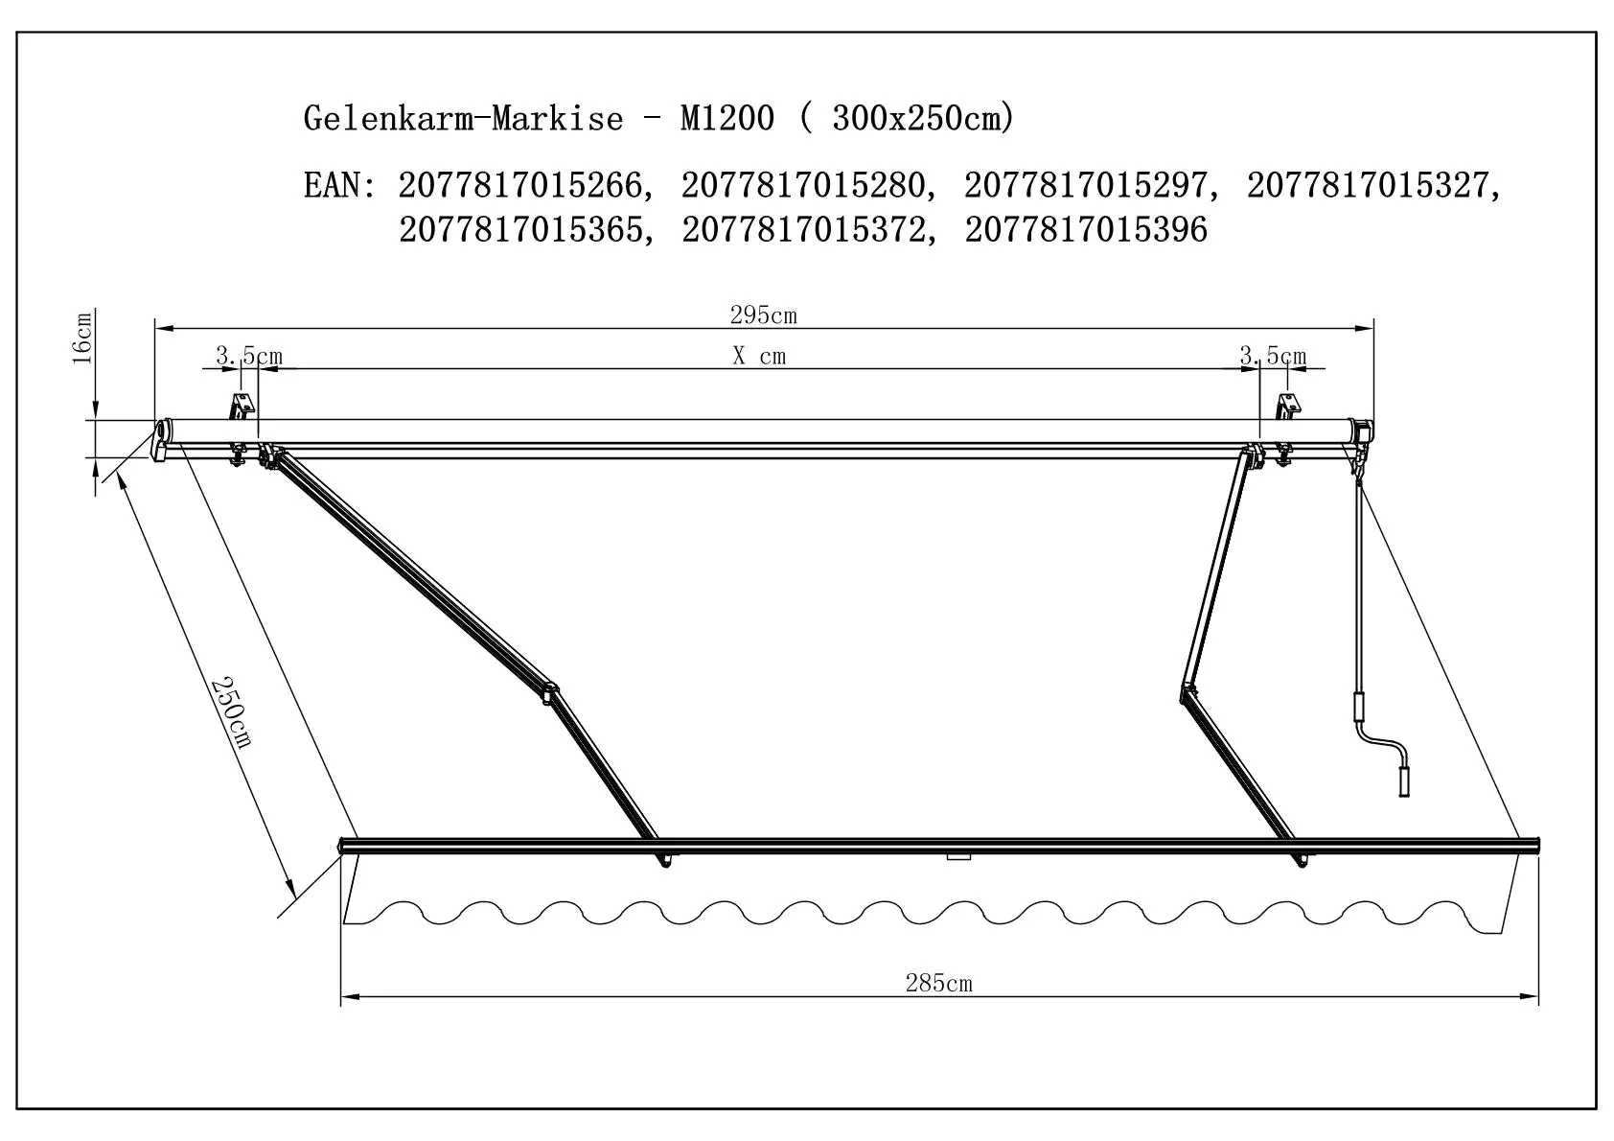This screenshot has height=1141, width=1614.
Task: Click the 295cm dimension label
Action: tap(763, 315)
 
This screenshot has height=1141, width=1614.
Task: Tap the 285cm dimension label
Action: tap(938, 983)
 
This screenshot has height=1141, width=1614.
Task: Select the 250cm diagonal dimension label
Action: tap(231, 711)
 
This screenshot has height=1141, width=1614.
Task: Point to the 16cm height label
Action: tap(83, 338)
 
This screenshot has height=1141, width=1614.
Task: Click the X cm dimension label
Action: tap(759, 357)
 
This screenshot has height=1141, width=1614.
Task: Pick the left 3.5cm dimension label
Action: tap(248, 357)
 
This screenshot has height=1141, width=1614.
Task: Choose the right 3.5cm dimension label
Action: tap(1273, 357)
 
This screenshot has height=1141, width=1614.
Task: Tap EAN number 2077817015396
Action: tap(1086, 230)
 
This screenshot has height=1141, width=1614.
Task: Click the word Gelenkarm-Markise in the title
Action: tap(463, 118)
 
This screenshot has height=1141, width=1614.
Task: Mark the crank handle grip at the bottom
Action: tap(1404, 780)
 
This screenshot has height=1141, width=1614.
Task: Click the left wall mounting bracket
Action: tap(242, 406)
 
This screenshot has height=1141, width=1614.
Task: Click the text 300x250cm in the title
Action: tap(917, 118)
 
